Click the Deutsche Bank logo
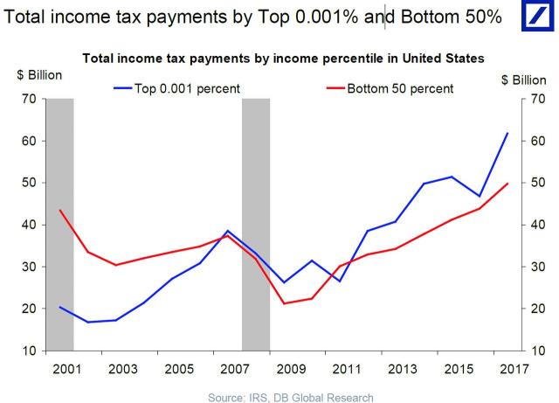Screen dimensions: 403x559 coord(535,19)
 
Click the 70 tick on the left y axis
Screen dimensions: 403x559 coord(29,99)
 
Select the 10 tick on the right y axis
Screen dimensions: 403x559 coord(538,351)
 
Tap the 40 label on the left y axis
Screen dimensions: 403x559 coord(29,225)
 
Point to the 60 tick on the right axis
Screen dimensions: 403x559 coord(538,141)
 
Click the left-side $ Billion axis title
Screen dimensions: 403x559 coord(38,74)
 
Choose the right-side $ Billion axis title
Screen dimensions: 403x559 coord(524,80)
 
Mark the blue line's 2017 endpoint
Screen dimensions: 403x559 coord(507,133)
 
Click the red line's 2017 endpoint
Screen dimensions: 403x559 coord(507,184)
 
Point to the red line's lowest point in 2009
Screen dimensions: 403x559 coord(283,303)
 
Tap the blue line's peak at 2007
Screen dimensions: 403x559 coord(227,231)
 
